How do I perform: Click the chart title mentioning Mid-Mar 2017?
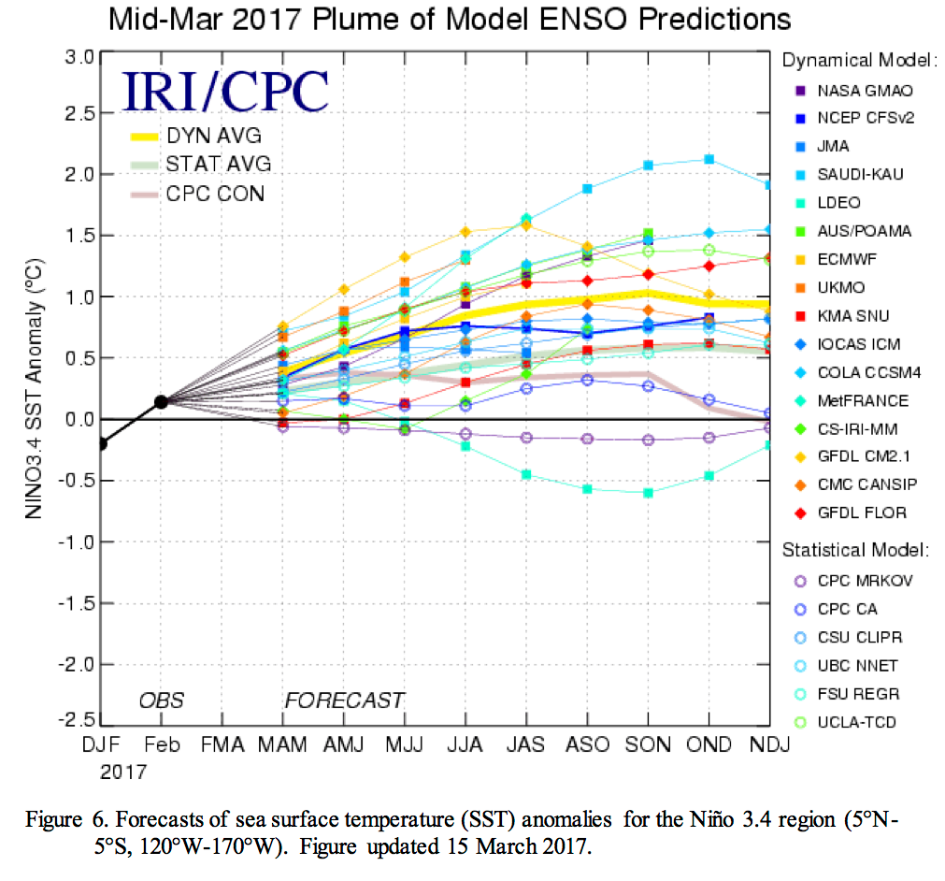[449, 19]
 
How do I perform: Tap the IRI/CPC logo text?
[226, 91]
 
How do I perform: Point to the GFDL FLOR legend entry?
[850, 513]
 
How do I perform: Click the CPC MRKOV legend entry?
[853, 581]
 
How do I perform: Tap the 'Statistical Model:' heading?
[854, 548]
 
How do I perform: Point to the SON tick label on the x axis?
[648, 745]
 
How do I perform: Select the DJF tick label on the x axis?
[100, 745]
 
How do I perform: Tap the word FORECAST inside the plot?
[344, 700]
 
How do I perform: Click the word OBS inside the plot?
[162, 700]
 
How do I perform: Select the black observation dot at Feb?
[162, 401]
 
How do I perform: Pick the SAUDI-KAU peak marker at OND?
[709, 159]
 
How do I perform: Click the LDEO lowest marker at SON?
[648, 493]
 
